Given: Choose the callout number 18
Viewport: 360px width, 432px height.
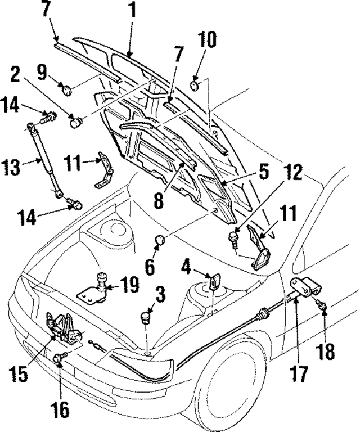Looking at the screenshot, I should coord(326,352).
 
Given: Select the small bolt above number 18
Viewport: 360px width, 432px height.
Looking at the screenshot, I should coord(323,306).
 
